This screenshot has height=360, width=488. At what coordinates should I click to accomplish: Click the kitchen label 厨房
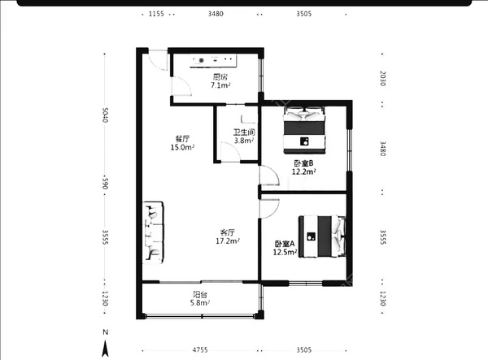pos(220,76)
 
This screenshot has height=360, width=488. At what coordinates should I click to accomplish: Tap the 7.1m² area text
pos(220,85)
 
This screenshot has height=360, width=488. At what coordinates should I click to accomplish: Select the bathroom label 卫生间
pos(244,132)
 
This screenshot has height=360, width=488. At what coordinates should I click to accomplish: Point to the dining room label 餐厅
pos(182,139)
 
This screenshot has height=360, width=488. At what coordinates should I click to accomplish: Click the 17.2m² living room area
pos(228,241)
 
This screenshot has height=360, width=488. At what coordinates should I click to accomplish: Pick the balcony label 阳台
pos(199,294)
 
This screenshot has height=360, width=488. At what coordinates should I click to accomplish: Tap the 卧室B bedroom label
pos(303,163)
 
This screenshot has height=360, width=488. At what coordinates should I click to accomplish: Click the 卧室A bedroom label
pos(285,244)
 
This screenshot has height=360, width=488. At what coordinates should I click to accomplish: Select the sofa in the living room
pos(153,232)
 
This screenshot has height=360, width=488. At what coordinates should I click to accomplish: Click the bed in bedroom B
pos(304,130)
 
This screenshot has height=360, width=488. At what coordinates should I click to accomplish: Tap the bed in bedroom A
pos(322,236)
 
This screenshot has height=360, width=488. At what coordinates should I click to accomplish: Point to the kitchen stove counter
pos(213,61)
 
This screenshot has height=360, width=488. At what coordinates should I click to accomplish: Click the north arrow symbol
pos(106,348)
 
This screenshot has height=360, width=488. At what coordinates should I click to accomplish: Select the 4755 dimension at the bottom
pos(200,349)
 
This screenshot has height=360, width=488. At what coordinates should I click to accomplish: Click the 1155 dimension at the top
pos(156,14)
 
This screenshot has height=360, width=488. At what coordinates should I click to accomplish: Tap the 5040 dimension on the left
pos(106,115)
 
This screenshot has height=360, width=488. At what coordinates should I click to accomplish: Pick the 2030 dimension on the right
pos(383,78)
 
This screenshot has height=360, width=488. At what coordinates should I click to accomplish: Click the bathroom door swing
pos(230,152)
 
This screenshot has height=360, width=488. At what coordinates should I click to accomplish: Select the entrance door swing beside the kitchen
pos(158,60)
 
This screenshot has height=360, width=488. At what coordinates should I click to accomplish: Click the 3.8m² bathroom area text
pos(244,141)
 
